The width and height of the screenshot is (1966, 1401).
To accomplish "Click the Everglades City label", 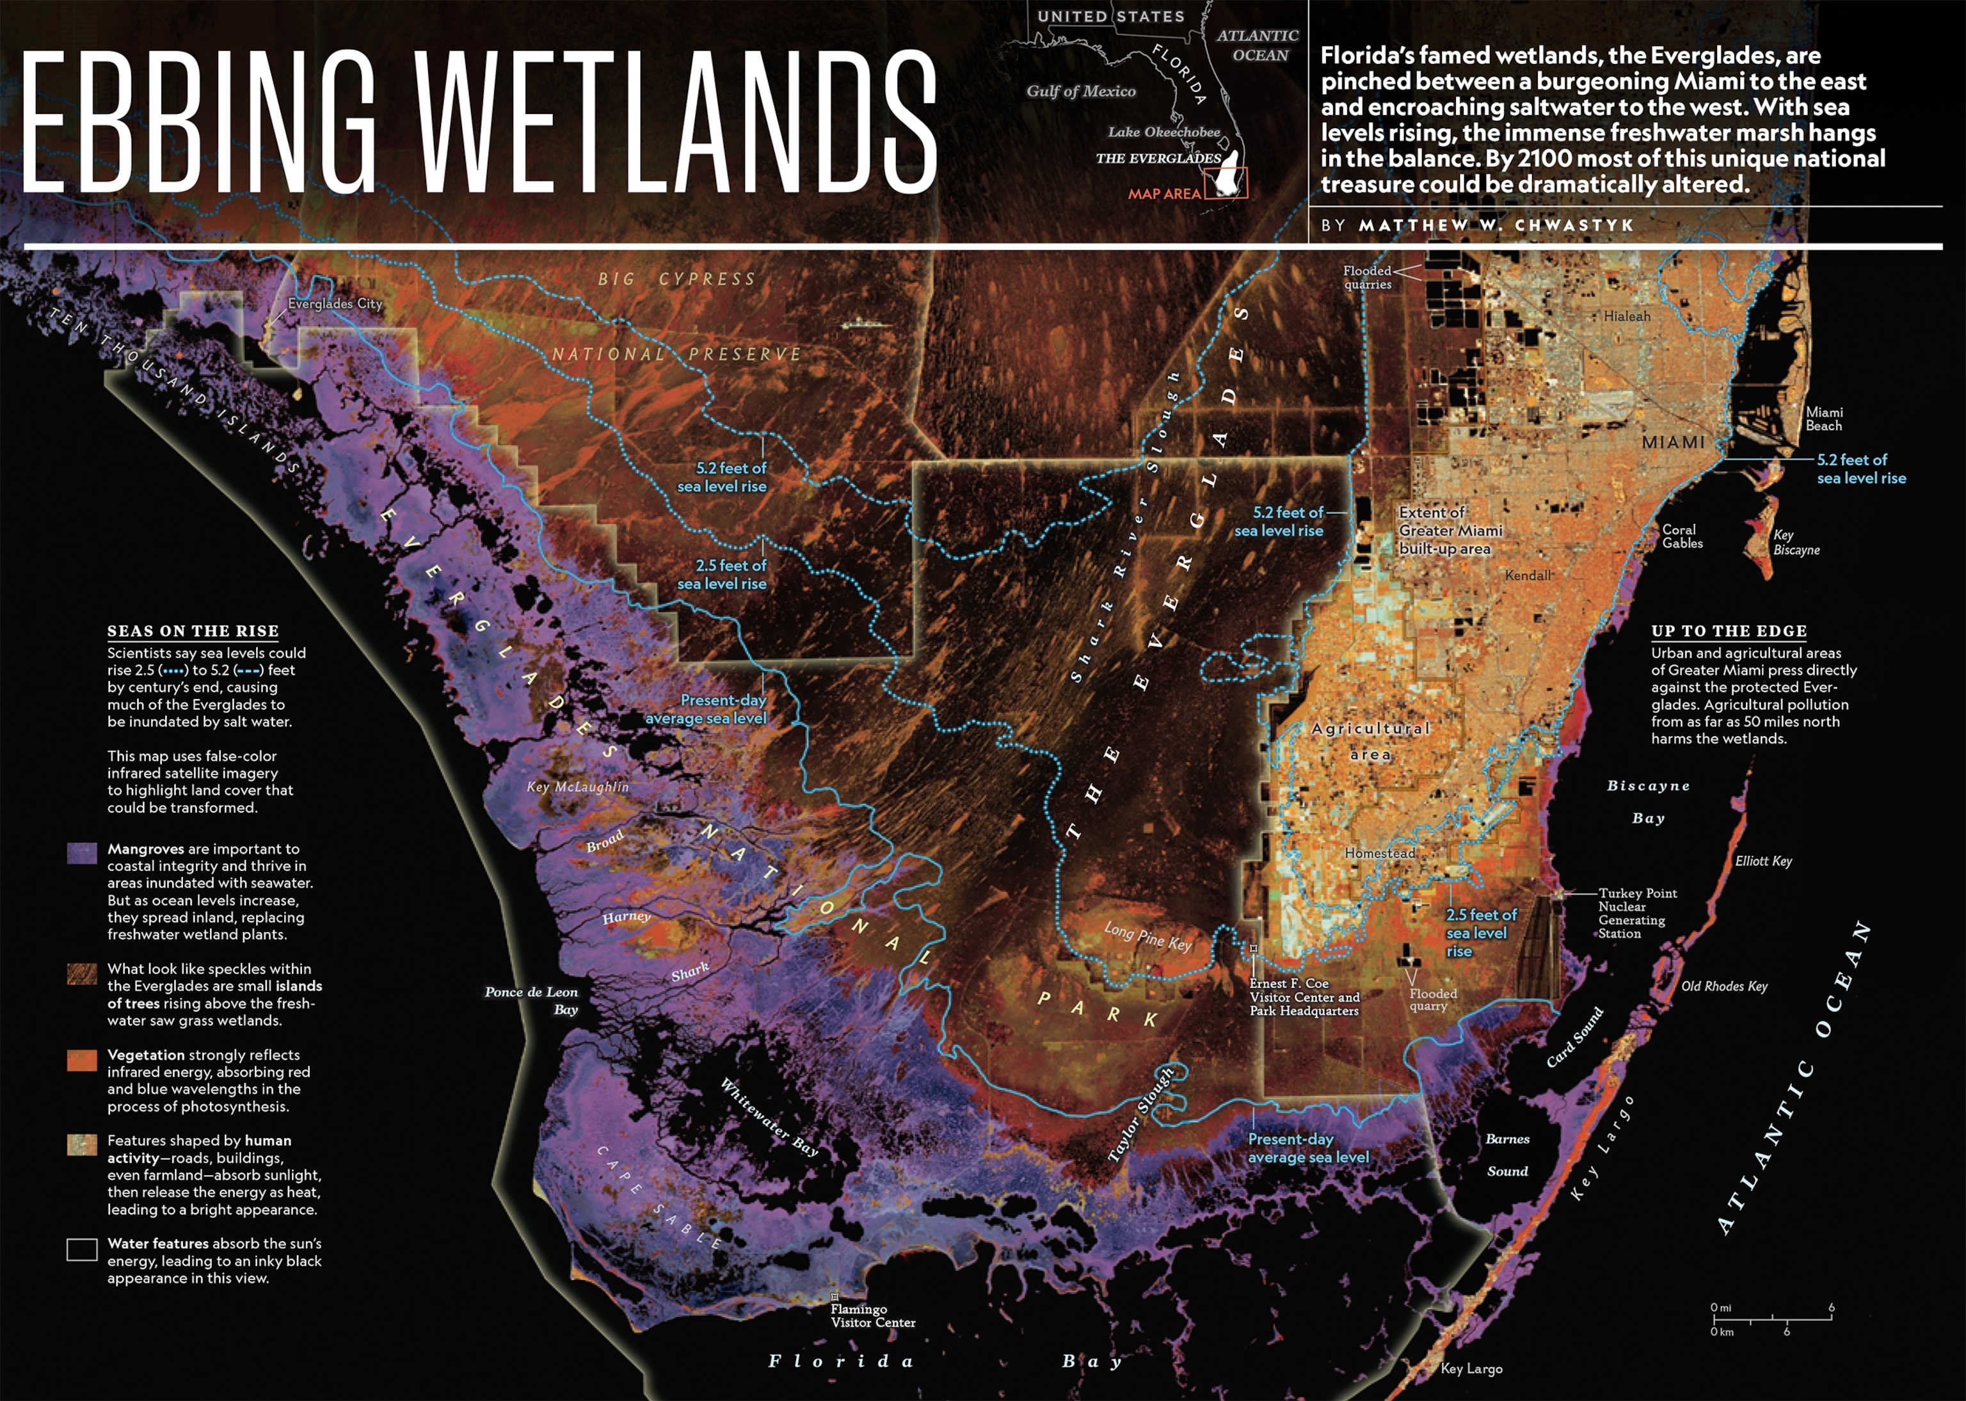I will (x=335, y=303).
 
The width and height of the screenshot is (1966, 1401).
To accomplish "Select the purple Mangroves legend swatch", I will (x=82, y=853).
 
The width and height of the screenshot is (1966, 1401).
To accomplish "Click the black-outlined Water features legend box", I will (x=82, y=1249).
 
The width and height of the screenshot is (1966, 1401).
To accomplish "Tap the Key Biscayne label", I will (x=1795, y=541).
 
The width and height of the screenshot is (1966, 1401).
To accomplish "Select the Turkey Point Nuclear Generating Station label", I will (x=1636, y=913).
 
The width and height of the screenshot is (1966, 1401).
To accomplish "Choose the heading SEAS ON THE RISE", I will (x=193, y=630).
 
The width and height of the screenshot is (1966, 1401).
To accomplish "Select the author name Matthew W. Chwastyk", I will (x=1496, y=225).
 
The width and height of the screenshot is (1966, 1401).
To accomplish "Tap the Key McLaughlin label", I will (x=577, y=787).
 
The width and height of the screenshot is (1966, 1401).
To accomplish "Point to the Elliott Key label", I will (x=1763, y=861).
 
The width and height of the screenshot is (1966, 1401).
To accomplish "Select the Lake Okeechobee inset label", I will (x=1163, y=132).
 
